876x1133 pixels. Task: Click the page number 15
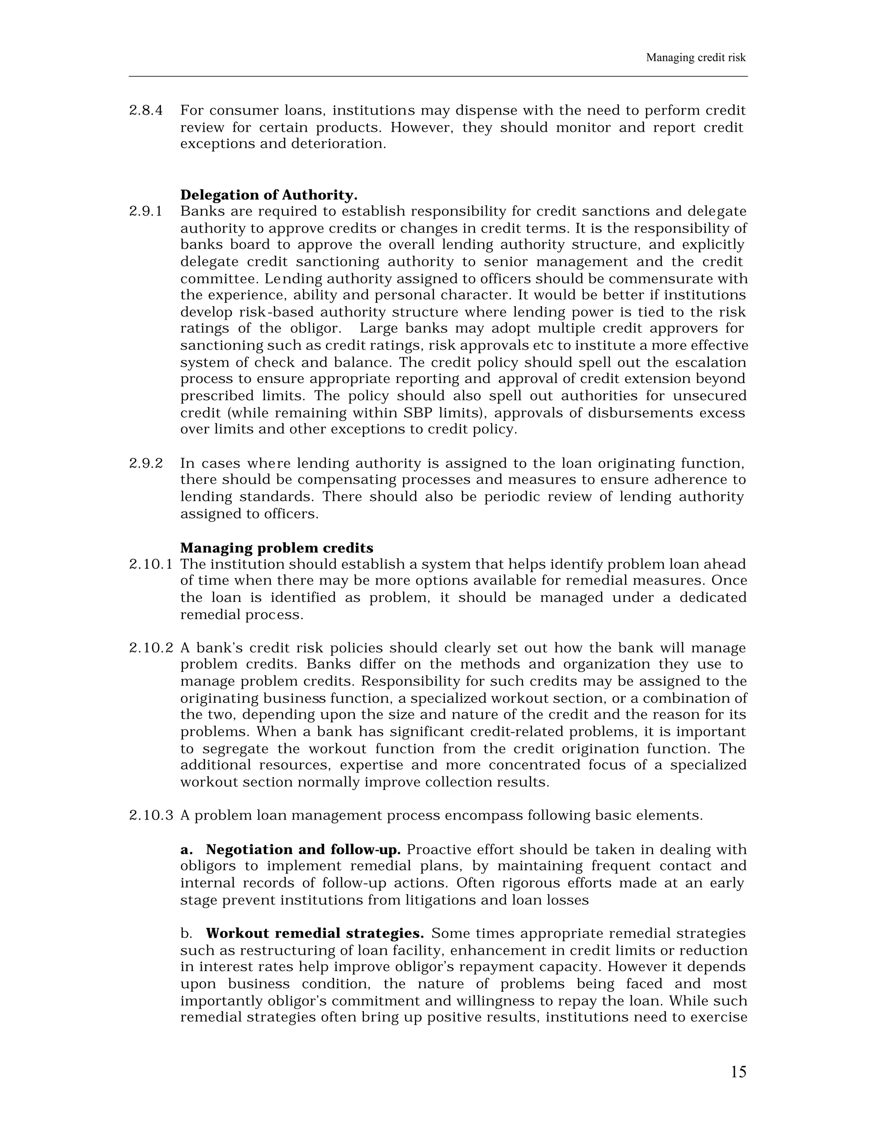click(738, 1072)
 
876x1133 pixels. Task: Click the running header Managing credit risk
click(695, 58)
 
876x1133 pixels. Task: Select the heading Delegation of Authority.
click(269, 195)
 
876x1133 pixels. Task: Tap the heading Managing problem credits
click(277, 548)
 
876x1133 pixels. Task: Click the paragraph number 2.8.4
click(146, 110)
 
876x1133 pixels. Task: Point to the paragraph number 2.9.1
click(146, 212)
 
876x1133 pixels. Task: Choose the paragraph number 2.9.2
click(146, 463)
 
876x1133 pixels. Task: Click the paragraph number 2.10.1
click(151, 564)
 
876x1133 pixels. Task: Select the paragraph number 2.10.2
click(151, 648)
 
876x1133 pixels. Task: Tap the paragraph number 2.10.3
click(151, 815)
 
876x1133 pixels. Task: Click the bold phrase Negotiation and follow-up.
click(303, 850)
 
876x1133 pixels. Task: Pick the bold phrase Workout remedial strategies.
click(314, 933)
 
